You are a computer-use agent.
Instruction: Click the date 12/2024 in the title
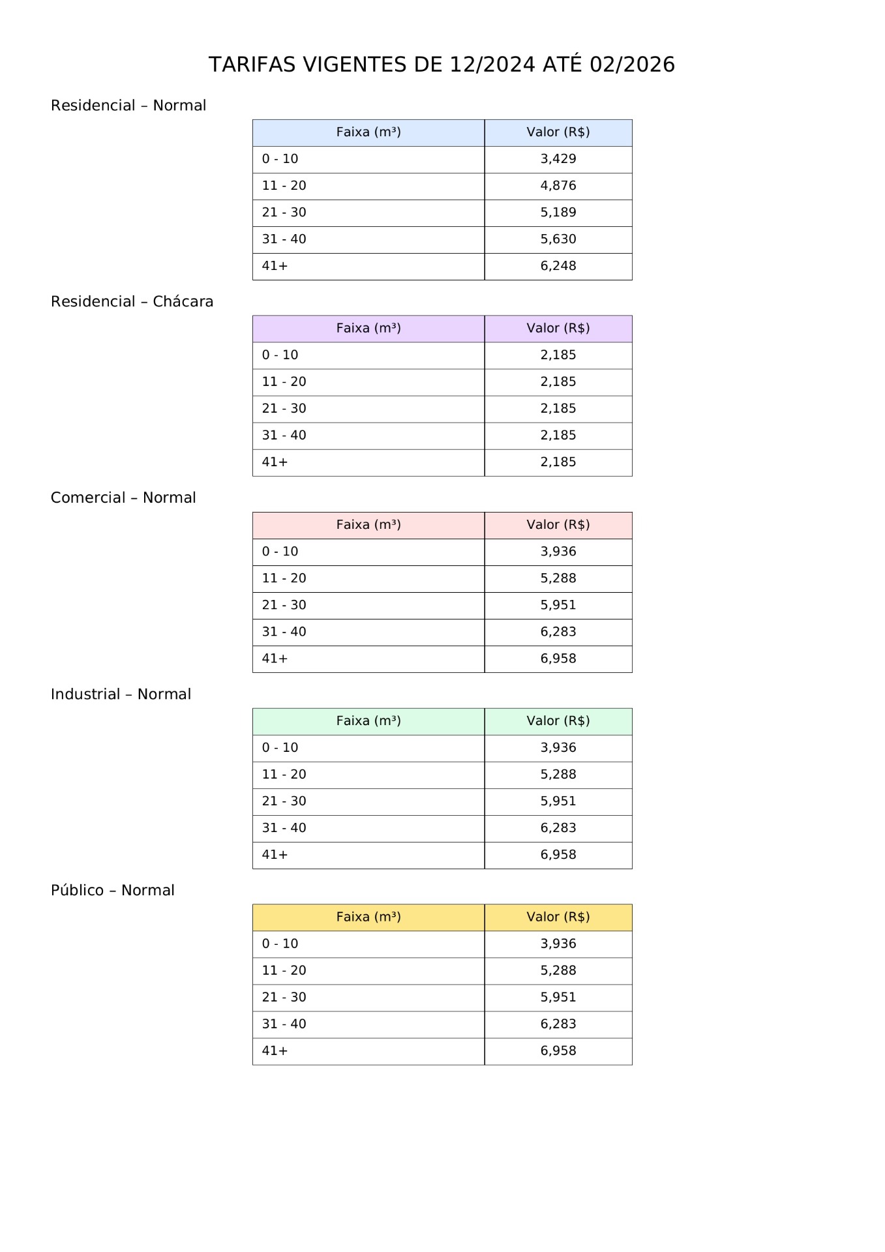coord(492,65)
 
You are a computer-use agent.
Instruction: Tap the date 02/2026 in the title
coord(632,65)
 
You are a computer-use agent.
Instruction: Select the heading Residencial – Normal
coord(128,106)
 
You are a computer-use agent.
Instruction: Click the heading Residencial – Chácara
coord(132,302)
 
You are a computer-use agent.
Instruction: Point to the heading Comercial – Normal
coord(123,498)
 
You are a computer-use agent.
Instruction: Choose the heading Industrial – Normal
coord(121,694)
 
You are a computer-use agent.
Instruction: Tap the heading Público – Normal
coord(113,891)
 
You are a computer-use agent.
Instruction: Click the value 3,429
coord(558,159)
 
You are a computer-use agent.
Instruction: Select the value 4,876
coord(558,186)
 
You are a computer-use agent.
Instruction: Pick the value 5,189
coord(558,213)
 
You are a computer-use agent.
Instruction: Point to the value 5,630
coord(558,239)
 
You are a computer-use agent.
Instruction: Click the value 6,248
coord(558,266)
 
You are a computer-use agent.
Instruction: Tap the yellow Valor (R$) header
coord(558,917)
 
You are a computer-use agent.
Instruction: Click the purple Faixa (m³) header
coord(368,329)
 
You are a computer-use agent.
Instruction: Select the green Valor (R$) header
coord(558,721)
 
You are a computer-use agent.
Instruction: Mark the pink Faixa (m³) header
coord(368,525)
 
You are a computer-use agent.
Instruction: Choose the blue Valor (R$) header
coord(558,132)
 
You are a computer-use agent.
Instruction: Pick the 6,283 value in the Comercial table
coord(558,632)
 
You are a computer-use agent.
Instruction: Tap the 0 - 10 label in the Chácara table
coord(280,355)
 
